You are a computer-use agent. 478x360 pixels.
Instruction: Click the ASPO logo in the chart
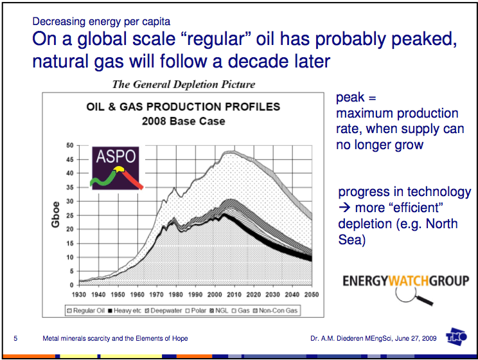point(116,169)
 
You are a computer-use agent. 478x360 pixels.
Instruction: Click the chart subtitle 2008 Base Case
point(183,121)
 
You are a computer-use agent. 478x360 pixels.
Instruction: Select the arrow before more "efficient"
point(344,208)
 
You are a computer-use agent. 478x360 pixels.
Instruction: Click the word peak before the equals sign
point(350,98)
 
